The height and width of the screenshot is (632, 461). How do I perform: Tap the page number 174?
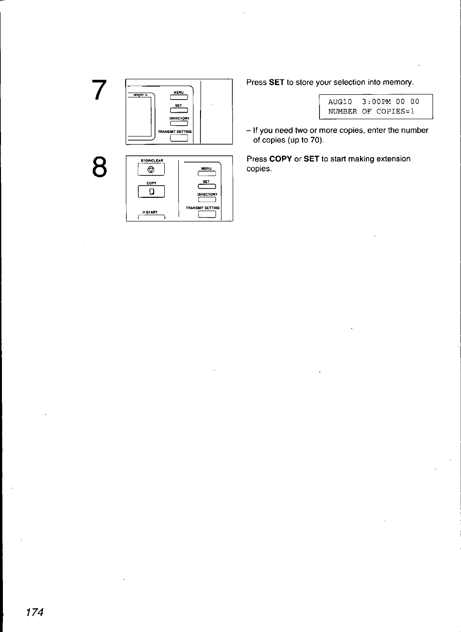(x=35, y=612)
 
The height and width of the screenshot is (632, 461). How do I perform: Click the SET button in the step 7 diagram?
(x=178, y=111)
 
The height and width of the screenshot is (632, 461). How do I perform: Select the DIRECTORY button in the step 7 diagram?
(x=178, y=124)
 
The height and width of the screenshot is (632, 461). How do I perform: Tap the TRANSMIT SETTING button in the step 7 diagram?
(x=179, y=138)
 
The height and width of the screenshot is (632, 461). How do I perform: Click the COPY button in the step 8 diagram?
(x=151, y=192)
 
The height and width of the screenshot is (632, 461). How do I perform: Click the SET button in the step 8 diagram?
(x=206, y=187)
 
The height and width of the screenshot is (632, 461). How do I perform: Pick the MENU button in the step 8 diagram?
(x=206, y=174)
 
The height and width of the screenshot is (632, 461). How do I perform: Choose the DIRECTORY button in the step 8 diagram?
(x=206, y=200)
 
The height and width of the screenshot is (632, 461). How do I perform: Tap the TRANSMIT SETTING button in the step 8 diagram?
(x=206, y=215)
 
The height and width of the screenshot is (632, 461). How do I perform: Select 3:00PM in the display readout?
(x=376, y=102)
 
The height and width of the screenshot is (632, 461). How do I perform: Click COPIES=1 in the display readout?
(x=395, y=111)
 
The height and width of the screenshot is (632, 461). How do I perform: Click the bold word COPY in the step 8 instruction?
(x=280, y=159)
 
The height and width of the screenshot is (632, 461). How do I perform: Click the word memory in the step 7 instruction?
(x=400, y=83)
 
